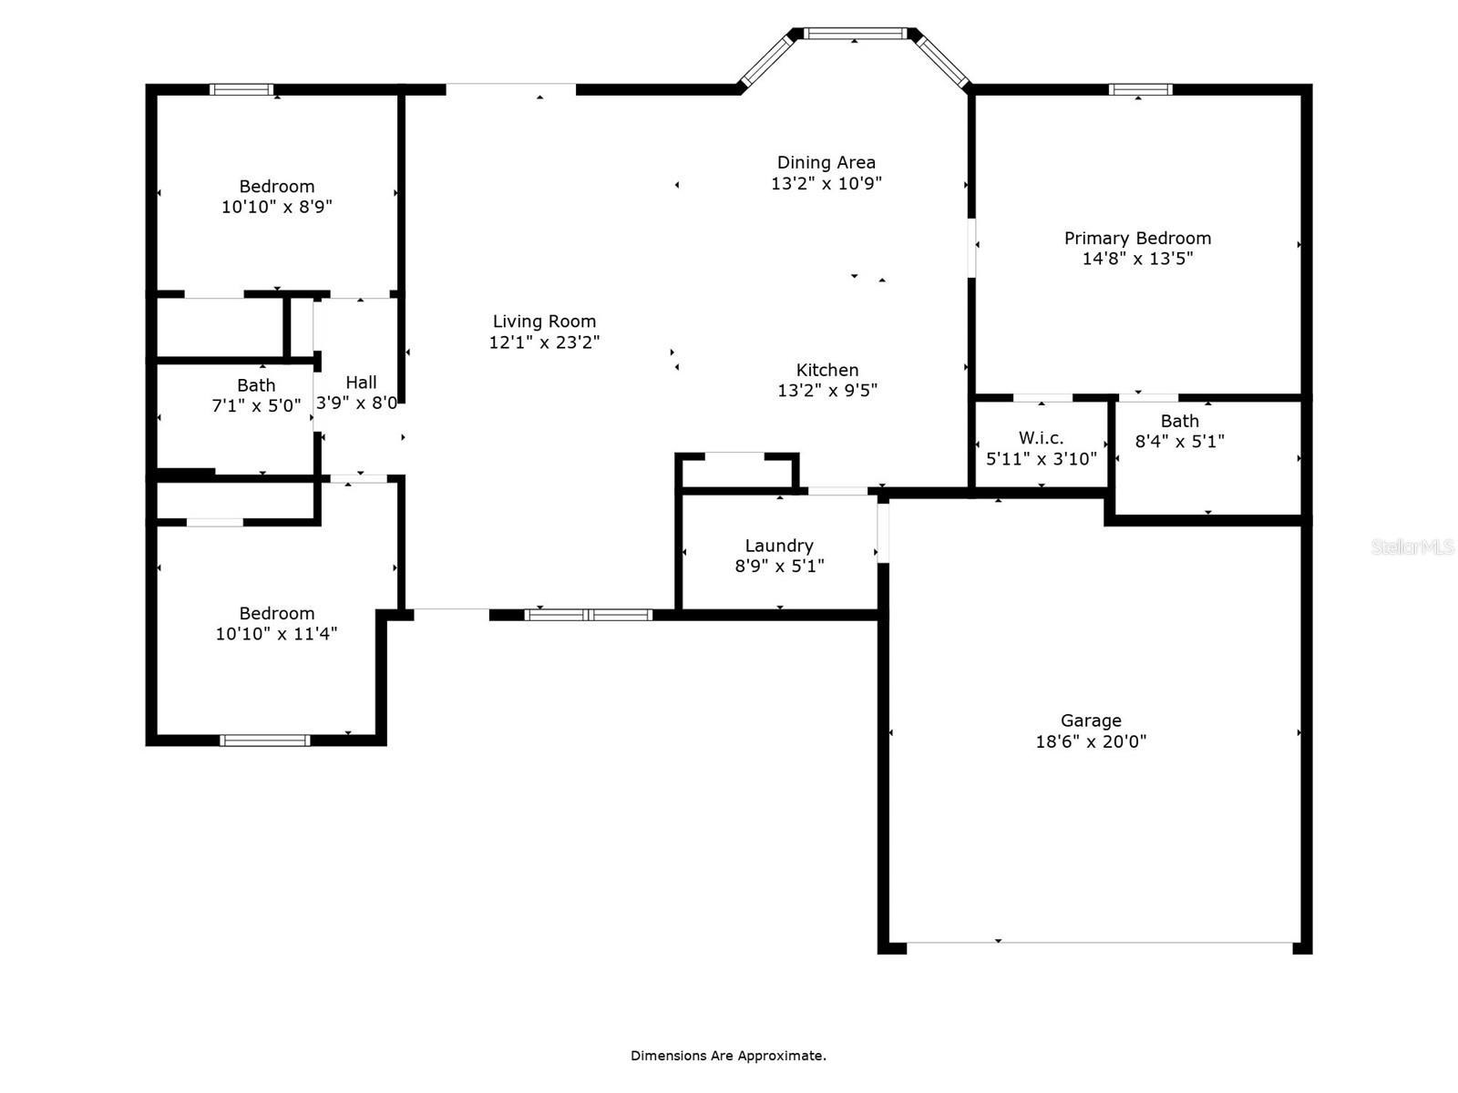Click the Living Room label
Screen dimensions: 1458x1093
tap(544, 322)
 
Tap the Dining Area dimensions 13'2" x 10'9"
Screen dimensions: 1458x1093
tap(827, 183)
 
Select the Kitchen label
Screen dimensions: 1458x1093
tap(827, 370)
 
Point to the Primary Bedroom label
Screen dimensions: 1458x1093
tap(1137, 239)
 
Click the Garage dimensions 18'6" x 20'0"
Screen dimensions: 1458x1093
tap(1091, 741)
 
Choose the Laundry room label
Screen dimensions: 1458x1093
tap(779, 546)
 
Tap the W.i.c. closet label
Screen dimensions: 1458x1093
tap(1041, 438)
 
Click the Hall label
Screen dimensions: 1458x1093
tap(361, 383)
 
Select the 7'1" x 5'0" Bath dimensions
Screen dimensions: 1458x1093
tap(256, 405)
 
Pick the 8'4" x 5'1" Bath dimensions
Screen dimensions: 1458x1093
tap(1180, 442)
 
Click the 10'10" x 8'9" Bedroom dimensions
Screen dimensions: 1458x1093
tap(276, 207)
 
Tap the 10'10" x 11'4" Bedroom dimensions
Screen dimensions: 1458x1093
tap(276, 634)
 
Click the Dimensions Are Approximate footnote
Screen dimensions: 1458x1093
tap(728, 1056)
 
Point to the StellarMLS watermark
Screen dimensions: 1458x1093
tap(1412, 546)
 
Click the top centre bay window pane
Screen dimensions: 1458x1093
tap(855, 33)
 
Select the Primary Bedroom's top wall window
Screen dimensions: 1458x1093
tap(1141, 89)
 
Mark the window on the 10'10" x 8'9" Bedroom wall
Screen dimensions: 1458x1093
tap(241, 89)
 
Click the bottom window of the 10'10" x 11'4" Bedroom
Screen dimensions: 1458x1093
tap(265, 741)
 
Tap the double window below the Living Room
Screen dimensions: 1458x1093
tap(589, 615)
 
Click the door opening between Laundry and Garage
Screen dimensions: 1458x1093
tap(883, 534)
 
